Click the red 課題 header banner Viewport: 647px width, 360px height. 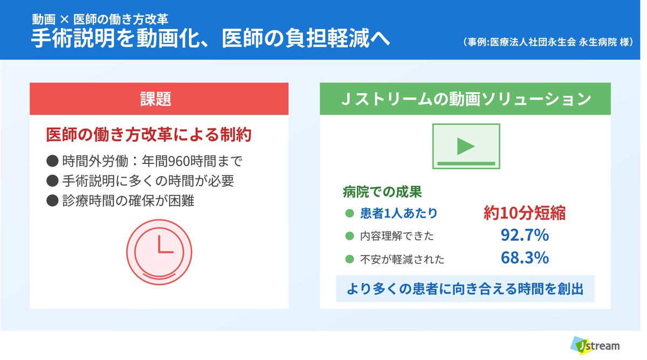pos(159,99)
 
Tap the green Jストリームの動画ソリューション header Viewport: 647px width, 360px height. pos(465,99)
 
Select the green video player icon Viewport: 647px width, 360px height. pos(466,146)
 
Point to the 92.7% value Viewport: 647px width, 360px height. pos(525,236)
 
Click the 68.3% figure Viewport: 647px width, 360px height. pos(525,258)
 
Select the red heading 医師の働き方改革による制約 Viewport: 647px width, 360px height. pos(149,135)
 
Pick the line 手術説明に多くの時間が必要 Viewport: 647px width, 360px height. pos(141,181)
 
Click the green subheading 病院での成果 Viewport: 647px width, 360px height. pos(382,191)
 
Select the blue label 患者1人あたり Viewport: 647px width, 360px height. pos(398,213)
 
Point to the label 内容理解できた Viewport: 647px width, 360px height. pos(397,236)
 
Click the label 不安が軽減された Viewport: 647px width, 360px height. pos(402,259)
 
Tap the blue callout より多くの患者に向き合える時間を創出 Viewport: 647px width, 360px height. pos(465,289)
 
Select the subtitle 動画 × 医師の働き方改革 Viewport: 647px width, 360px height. pos(100,19)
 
